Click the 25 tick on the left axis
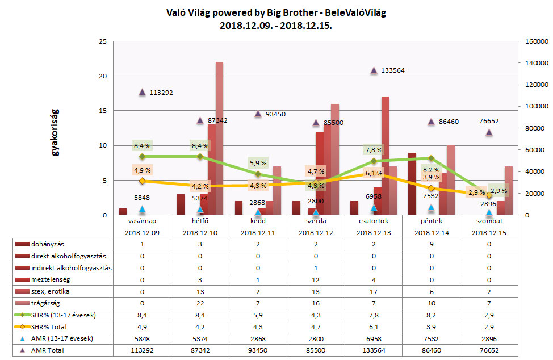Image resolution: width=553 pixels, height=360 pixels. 103,41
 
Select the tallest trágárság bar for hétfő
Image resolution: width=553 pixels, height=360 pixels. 219,139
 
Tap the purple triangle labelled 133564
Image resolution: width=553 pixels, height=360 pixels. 374,70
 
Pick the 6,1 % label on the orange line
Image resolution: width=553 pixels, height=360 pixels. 373,173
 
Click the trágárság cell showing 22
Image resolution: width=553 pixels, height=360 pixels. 200,303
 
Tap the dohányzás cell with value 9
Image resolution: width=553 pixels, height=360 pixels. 431,244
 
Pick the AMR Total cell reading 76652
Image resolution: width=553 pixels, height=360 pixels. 489,351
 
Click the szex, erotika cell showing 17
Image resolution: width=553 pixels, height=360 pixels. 374,291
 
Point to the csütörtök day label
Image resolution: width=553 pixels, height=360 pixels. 374,221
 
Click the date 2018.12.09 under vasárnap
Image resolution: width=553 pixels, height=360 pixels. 142,232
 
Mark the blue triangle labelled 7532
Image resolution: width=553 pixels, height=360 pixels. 431,208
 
